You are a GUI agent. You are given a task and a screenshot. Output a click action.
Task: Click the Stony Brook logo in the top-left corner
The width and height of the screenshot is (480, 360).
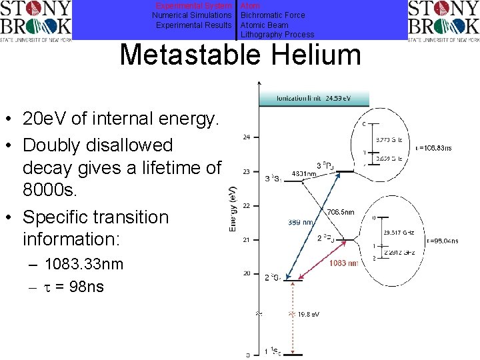point(36,21)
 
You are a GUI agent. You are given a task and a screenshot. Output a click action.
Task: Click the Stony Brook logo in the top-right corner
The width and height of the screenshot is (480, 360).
point(443,21)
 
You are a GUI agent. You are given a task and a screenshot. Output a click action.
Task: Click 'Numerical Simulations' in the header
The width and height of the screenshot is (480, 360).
point(192,15)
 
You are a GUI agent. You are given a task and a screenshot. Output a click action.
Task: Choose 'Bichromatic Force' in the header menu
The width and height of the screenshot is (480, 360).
point(273,15)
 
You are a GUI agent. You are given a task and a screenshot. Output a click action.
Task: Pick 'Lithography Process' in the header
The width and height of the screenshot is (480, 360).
point(277,35)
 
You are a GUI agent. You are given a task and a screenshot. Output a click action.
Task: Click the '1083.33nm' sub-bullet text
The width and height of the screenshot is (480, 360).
point(84,264)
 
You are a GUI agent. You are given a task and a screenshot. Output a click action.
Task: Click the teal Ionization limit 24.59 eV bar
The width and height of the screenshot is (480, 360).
point(313,99)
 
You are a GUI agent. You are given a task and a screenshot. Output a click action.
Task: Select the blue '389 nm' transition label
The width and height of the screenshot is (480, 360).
point(301,222)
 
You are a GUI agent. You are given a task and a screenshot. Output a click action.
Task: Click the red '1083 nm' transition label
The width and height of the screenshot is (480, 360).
point(343,263)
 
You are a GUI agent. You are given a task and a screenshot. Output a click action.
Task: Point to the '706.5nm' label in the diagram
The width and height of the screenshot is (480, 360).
point(341,211)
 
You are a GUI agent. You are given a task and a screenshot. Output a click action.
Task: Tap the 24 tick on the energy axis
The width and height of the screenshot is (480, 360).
point(247,137)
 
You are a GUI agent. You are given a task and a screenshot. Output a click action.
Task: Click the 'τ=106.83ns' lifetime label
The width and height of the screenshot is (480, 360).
point(433,147)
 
